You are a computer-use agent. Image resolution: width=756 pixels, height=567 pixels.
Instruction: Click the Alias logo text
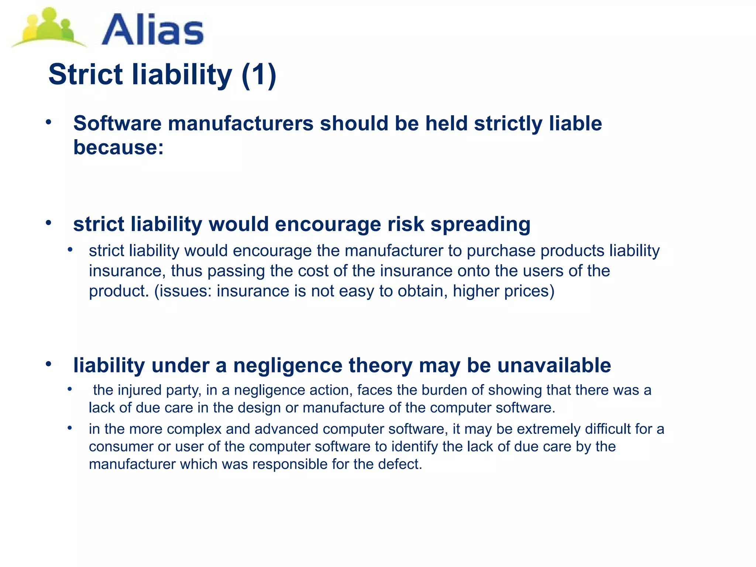(152, 30)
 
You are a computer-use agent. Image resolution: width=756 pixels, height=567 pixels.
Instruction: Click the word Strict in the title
(85, 74)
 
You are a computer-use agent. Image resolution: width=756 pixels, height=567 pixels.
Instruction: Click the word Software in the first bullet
(117, 123)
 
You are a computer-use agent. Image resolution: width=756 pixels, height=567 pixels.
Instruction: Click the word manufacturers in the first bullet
(241, 123)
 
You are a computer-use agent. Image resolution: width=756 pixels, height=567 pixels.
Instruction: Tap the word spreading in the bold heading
(480, 224)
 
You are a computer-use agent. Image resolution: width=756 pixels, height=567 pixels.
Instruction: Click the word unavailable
(554, 365)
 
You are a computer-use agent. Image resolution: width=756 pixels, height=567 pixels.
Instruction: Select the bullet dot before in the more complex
(70, 428)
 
